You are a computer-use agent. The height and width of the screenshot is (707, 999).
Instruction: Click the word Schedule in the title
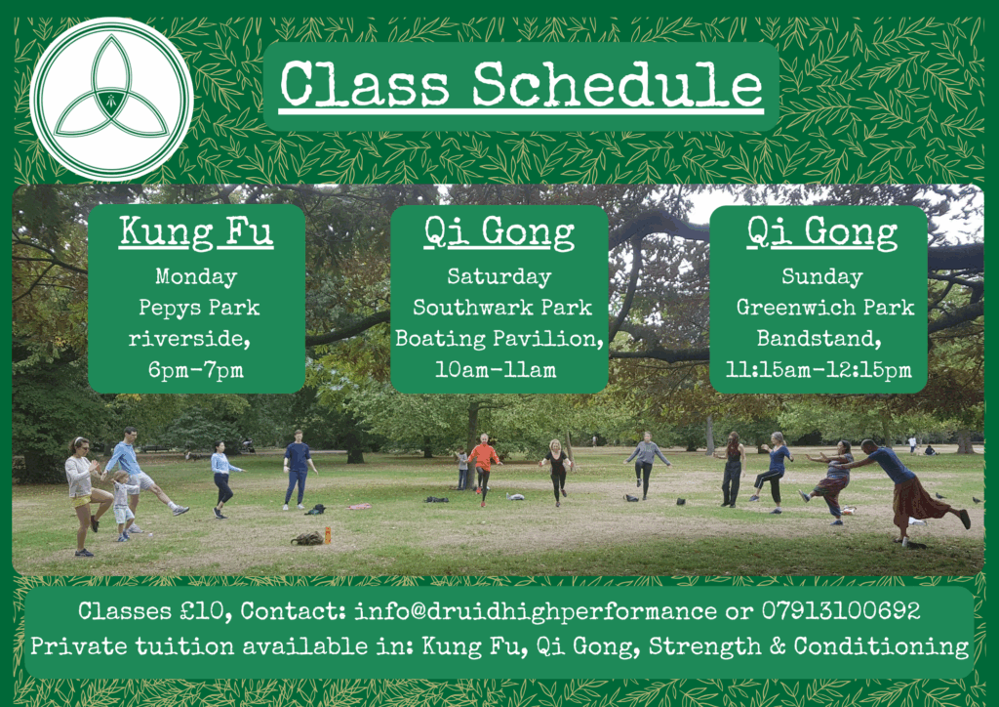pyautogui.click(x=618, y=85)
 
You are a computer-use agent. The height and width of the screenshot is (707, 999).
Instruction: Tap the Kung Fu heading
pyautogui.click(x=196, y=232)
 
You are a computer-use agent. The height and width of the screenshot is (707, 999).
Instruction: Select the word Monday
pyautogui.click(x=196, y=277)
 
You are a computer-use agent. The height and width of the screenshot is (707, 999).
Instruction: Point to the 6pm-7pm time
pyautogui.click(x=196, y=370)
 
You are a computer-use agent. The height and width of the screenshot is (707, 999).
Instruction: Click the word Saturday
pyautogui.click(x=499, y=277)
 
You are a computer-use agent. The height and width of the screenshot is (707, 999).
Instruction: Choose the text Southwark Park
pyautogui.click(x=502, y=308)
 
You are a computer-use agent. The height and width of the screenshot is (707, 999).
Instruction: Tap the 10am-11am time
pyautogui.click(x=496, y=370)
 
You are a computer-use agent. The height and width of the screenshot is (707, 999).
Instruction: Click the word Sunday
pyautogui.click(x=821, y=277)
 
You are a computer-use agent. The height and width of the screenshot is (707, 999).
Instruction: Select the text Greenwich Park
pyautogui.click(x=825, y=308)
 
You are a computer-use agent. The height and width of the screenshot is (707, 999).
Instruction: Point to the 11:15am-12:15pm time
pyautogui.click(x=819, y=370)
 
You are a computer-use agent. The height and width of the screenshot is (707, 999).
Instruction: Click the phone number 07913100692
pyautogui.click(x=841, y=610)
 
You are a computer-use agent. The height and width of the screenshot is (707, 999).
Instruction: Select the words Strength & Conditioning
pyautogui.click(x=809, y=646)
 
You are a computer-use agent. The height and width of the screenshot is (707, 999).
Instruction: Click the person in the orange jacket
pyautogui.click(x=483, y=469)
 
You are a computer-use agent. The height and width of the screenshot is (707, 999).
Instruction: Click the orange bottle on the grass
pyautogui.click(x=328, y=535)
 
